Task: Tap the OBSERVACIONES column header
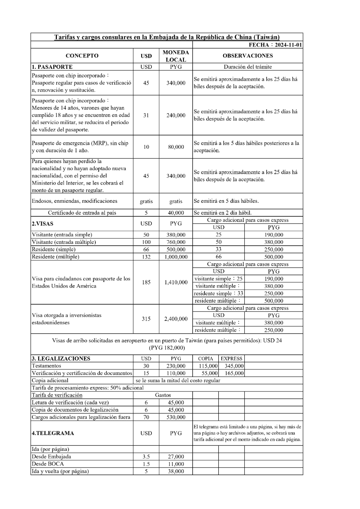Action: (x=248, y=56)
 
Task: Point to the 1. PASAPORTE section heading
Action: (x=52, y=67)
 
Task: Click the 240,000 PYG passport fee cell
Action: (x=175, y=115)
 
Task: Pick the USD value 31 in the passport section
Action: (x=146, y=115)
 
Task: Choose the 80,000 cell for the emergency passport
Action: (x=175, y=147)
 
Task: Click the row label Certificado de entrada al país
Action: (x=82, y=213)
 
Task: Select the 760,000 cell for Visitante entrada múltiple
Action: (x=175, y=242)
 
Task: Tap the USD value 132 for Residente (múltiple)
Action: (x=146, y=256)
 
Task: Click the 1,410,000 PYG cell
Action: (x=175, y=282)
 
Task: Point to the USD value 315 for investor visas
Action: (x=146, y=319)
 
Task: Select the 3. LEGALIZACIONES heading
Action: (x=62, y=359)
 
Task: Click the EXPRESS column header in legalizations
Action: (x=232, y=359)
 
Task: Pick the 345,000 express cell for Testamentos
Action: (x=232, y=366)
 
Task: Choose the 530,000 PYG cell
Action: (x=175, y=417)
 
